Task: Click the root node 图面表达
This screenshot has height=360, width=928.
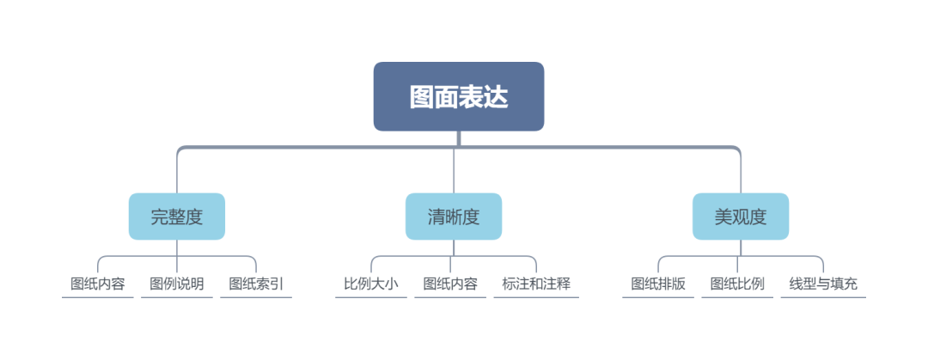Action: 458,96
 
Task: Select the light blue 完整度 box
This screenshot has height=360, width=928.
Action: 177,217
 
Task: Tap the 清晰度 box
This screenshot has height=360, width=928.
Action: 454,217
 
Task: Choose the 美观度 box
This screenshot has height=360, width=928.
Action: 740,217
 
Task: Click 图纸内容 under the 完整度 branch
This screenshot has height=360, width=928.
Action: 97,284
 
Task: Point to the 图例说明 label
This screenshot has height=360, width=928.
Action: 176,284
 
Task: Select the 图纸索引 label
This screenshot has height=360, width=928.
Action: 256,284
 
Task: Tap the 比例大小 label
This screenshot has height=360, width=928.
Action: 371,284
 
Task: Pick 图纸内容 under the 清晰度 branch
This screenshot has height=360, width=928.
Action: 450,284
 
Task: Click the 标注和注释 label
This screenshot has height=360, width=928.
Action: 536,284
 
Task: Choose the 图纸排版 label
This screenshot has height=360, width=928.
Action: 658,284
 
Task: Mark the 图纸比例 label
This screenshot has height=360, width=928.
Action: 737,284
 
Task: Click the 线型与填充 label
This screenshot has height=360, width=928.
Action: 823,284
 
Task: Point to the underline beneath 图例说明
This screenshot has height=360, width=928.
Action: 176,298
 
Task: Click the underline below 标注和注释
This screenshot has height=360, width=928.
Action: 536,298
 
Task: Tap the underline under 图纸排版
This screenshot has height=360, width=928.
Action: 658,298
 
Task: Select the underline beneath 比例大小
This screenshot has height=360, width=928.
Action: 371,298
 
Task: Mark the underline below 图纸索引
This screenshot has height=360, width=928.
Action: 256,298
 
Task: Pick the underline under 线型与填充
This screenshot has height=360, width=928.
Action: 823,298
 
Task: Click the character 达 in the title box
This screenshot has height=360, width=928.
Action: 496,97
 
